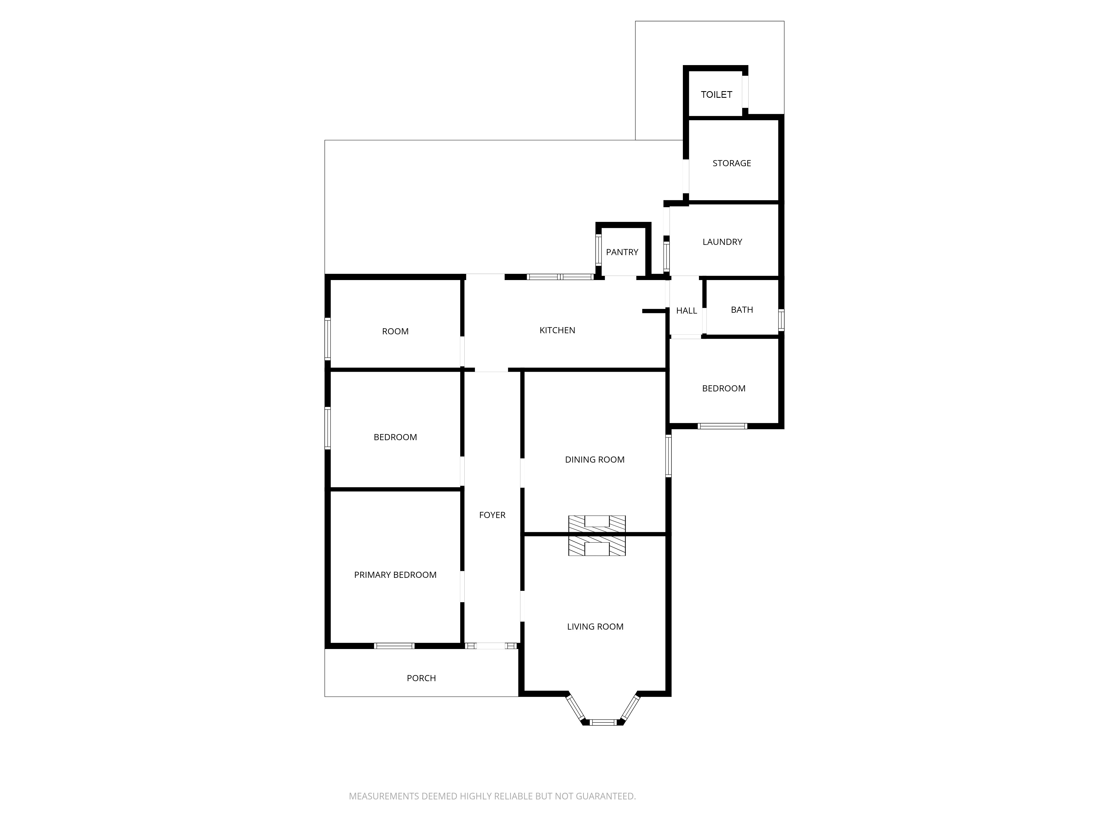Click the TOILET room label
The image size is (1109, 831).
pyautogui.click(x=716, y=95)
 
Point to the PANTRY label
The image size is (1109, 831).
pyautogui.click(x=622, y=252)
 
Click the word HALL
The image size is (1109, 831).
pyautogui.click(x=686, y=311)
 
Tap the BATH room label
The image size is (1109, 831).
pyautogui.click(x=742, y=310)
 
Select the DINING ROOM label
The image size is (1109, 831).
pyautogui.click(x=595, y=460)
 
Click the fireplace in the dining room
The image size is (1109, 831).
pyautogui.click(x=597, y=524)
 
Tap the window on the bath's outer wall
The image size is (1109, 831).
pyautogui.click(x=781, y=320)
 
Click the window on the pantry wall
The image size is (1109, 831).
pyautogui.click(x=598, y=250)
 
